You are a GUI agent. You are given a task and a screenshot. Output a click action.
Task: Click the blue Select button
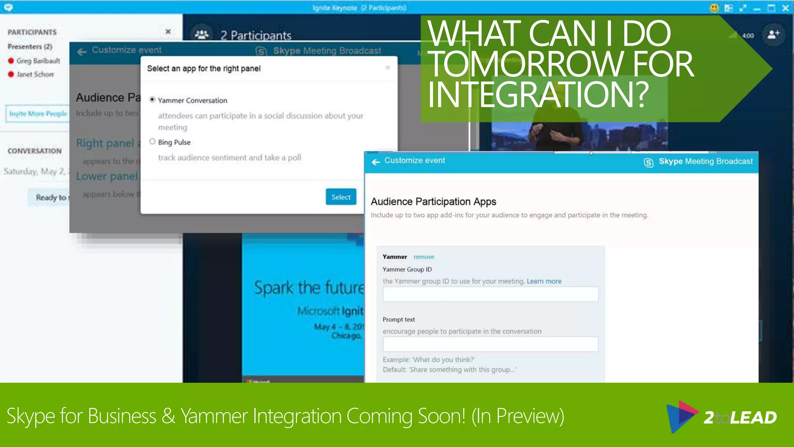[x=341, y=197]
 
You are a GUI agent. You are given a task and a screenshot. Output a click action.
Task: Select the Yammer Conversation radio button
[x=152, y=100]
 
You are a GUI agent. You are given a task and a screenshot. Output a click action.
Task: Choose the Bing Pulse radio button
[x=152, y=142]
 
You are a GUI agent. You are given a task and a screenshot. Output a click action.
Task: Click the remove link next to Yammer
[x=424, y=257]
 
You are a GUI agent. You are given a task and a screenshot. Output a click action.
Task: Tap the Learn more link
[x=544, y=281]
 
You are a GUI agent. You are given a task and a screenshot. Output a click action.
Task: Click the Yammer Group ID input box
[x=490, y=295]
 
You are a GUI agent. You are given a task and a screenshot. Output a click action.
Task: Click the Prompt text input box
[x=490, y=344]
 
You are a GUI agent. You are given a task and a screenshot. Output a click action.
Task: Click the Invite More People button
[x=38, y=114]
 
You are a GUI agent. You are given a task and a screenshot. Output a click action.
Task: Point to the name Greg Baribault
[x=38, y=61]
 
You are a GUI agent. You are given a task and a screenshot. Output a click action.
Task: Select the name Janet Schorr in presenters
[x=35, y=74]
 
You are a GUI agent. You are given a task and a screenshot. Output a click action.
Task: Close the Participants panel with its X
[x=168, y=31]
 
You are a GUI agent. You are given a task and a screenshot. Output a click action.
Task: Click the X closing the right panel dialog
[x=387, y=68]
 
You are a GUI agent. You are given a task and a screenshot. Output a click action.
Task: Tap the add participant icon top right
[x=773, y=35]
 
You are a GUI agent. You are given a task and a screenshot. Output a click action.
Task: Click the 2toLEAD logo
[x=722, y=417]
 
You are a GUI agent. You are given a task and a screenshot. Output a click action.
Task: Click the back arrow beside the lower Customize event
[x=376, y=162]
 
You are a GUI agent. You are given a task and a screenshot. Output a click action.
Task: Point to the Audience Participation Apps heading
[x=433, y=202]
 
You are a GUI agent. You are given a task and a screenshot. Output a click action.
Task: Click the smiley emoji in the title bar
[x=714, y=8]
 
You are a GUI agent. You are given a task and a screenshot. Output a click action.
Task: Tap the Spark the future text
[x=309, y=288]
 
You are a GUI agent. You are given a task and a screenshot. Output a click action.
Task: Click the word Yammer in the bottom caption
[x=214, y=416]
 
